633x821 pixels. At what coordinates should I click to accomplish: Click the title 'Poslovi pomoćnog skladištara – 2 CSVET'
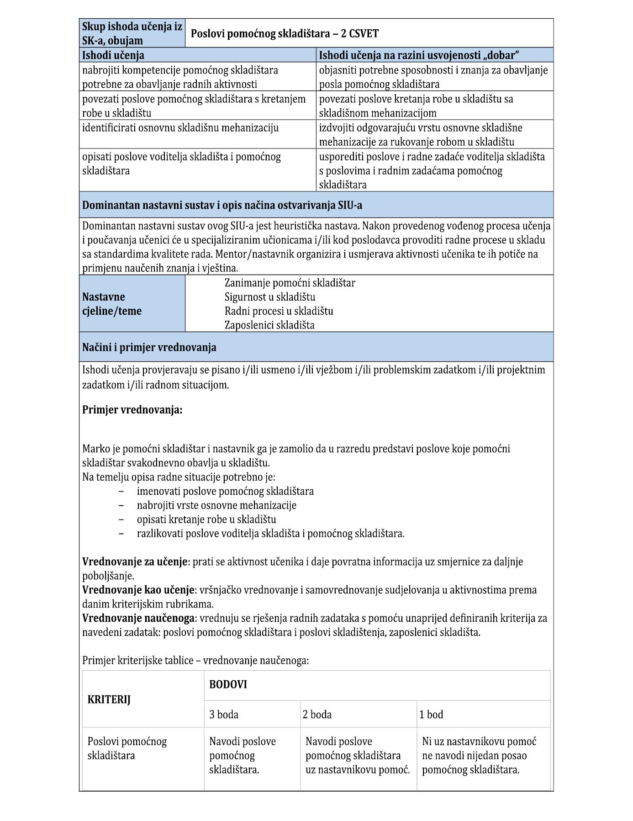click(284, 33)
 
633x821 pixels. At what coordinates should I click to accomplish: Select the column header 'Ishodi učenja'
click(113, 55)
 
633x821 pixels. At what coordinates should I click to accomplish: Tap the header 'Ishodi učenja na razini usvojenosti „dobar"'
click(419, 55)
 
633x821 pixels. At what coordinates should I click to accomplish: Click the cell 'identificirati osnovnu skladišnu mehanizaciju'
click(180, 127)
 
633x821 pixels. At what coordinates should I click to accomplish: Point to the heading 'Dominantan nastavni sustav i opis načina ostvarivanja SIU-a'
click(222, 205)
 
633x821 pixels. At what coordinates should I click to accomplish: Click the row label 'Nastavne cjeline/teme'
click(112, 304)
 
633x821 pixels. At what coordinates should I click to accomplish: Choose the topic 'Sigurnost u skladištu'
click(270, 297)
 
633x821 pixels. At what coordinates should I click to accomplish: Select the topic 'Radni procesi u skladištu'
click(279, 311)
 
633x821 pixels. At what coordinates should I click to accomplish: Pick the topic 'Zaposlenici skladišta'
click(269, 325)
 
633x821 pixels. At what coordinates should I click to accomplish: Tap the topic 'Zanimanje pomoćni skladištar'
click(290, 283)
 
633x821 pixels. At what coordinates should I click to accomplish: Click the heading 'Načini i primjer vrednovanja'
click(149, 347)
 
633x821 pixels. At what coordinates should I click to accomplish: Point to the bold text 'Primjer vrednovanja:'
click(132, 410)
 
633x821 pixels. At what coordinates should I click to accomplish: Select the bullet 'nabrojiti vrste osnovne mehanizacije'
click(216, 505)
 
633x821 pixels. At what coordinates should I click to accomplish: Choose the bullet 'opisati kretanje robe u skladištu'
click(206, 519)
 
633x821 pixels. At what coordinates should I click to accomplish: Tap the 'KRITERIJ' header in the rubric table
click(109, 699)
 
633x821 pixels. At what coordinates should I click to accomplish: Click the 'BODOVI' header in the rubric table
click(228, 684)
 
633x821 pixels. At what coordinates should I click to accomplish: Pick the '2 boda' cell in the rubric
click(317, 715)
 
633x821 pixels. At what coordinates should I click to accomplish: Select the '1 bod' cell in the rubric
click(431, 715)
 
